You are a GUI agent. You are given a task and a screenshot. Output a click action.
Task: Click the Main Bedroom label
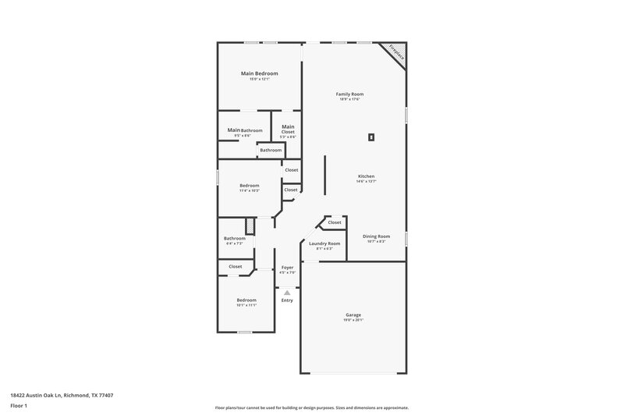259,73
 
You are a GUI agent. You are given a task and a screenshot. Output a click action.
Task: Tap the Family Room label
349,94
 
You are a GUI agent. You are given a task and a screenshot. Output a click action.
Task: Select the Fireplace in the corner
396,53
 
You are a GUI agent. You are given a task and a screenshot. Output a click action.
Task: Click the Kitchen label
367,176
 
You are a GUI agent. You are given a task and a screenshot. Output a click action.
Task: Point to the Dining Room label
377,236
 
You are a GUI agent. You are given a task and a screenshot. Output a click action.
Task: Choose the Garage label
353,315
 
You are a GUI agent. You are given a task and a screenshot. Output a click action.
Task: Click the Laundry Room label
324,244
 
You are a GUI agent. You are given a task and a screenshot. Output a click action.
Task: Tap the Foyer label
288,267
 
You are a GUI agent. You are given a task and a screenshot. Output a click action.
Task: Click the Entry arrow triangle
287,293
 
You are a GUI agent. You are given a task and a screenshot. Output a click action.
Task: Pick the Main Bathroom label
245,130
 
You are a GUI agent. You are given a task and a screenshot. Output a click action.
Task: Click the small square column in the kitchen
371,137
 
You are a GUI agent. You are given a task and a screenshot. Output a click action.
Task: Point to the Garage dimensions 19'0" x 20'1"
353,320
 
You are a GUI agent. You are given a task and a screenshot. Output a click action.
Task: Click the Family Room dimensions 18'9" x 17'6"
349,99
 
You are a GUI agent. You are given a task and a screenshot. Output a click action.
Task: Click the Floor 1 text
19,407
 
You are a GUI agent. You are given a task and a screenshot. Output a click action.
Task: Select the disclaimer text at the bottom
311,407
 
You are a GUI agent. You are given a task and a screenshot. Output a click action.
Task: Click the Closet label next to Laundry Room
335,222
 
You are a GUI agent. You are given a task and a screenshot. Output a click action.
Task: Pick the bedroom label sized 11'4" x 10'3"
249,185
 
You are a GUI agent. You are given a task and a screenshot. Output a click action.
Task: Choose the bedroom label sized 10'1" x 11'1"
246,300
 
